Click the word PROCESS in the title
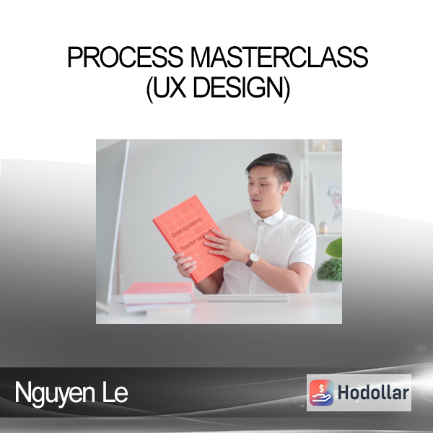coord(125,57)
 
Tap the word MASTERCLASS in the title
coord(279,57)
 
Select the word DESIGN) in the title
coord(241,88)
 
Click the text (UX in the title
coord(166,88)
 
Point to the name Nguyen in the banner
coord(55,393)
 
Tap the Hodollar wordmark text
coord(373,393)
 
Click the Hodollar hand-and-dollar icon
coord(321,393)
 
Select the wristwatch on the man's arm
coord(252,259)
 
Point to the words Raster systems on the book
coord(196,240)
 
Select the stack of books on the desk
coord(158,297)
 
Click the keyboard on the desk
coord(248,297)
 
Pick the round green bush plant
coord(330,269)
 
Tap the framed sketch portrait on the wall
coord(327,204)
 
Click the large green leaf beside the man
coord(334,248)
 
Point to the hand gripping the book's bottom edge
coord(184,265)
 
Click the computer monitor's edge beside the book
coord(118,218)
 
